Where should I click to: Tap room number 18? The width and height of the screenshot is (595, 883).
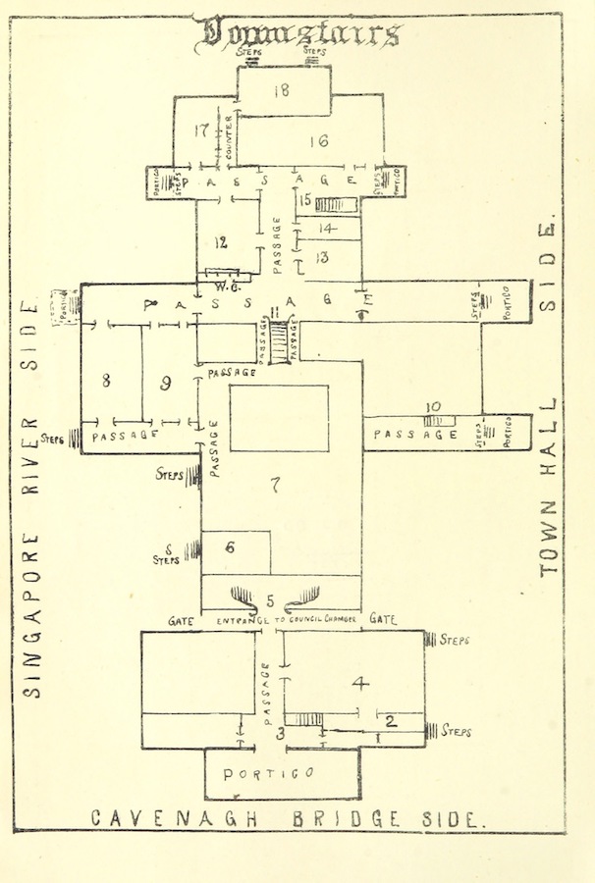282,91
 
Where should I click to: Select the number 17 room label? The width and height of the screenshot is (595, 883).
202,130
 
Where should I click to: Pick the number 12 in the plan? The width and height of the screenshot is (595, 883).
222,242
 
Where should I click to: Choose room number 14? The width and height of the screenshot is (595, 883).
327,229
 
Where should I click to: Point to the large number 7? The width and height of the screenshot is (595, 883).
277,484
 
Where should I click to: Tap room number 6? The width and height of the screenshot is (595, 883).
229,549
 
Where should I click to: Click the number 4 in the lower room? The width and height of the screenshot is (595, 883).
360,682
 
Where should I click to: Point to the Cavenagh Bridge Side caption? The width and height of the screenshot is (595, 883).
287,818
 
